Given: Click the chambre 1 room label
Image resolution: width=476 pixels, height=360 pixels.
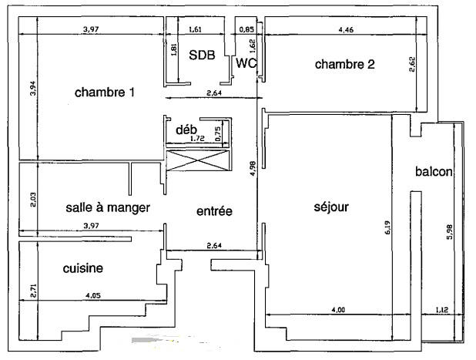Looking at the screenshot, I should pyautogui.click(x=105, y=93).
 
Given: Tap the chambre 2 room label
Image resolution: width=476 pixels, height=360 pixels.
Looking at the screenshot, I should pyautogui.click(x=344, y=65).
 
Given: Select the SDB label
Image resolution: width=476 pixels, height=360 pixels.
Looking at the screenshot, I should pyautogui.click(x=202, y=55).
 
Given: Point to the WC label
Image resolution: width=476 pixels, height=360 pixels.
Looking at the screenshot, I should pyautogui.click(x=246, y=64).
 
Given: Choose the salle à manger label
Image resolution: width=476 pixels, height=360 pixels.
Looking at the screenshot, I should pyautogui.click(x=108, y=208).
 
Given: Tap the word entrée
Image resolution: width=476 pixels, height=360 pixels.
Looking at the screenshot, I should pyautogui.click(x=214, y=210).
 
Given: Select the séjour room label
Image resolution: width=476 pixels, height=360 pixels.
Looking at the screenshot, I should pyautogui.click(x=332, y=207).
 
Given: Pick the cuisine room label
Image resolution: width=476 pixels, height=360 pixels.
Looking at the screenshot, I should pyautogui.click(x=84, y=268).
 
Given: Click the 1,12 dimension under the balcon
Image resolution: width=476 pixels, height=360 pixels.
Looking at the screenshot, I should pyautogui.click(x=441, y=310).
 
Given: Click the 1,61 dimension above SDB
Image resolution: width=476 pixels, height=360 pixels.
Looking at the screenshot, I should pyautogui.click(x=195, y=29).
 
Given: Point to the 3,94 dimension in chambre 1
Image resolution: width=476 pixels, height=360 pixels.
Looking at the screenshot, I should pyautogui.click(x=32, y=89).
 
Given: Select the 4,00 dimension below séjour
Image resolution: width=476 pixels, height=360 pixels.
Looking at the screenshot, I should pyautogui.click(x=338, y=310).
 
